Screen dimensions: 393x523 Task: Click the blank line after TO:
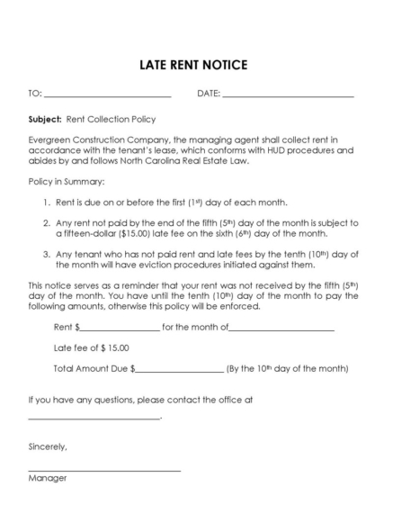point(107,95)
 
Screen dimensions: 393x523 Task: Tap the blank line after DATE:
point(288,95)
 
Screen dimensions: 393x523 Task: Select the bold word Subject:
point(45,119)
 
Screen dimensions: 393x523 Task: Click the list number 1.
point(46,203)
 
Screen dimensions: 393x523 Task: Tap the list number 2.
point(46,222)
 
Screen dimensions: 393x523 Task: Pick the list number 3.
point(46,254)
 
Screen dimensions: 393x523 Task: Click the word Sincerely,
point(48,446)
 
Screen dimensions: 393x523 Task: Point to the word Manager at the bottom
point(48,478)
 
